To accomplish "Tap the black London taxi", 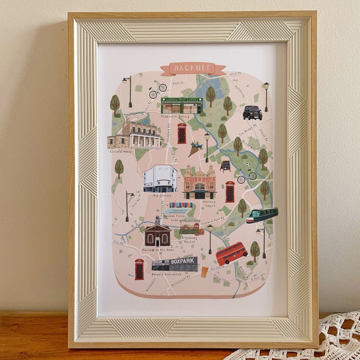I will [252, 112].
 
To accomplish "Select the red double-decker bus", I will [232, 253].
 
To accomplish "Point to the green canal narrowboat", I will [262, 215].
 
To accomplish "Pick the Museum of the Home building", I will [157, 235].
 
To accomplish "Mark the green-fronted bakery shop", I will [181, 106].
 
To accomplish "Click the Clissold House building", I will [136, 134].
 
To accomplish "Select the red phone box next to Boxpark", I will [139, 269].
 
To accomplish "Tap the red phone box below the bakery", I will [182, 133].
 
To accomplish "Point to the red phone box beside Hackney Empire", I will [230, 192].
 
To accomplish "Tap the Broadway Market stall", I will [191, 226].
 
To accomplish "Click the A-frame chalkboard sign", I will [225, 166].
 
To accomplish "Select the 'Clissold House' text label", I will [122, 152].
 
